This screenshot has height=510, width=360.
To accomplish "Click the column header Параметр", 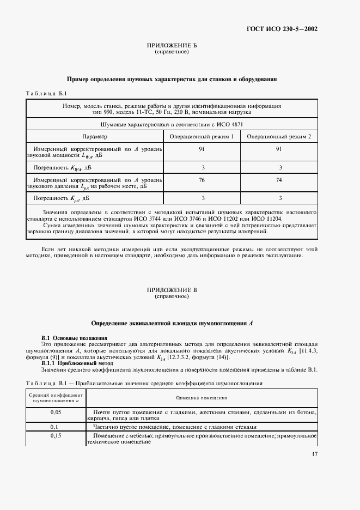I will pyautogui.click(x=95, y=136).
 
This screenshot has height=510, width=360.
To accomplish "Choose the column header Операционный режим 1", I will pyautogui.click(x=203, y=136).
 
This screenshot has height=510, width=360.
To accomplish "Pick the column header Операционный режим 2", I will pyautogui.click(x=279, y=136).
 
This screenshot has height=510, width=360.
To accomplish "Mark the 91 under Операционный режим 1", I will pyautogui.click(x=203, y=148).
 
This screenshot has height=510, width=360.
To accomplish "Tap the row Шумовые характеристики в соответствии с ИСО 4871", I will pyautogui.click(x=172, y=125).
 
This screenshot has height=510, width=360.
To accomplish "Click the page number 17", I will pyautogui.click(x=315, y=454).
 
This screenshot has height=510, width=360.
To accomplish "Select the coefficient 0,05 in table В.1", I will pyautogui.click(x=56, y=412).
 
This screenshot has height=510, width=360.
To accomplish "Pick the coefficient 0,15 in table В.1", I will pyautogui.click(x=56, y=436).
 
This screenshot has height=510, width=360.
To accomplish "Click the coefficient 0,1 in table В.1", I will pyautogui.click(x=54, y=427).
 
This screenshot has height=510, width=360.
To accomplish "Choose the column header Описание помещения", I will pyautogui.click(x=202, y=398).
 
